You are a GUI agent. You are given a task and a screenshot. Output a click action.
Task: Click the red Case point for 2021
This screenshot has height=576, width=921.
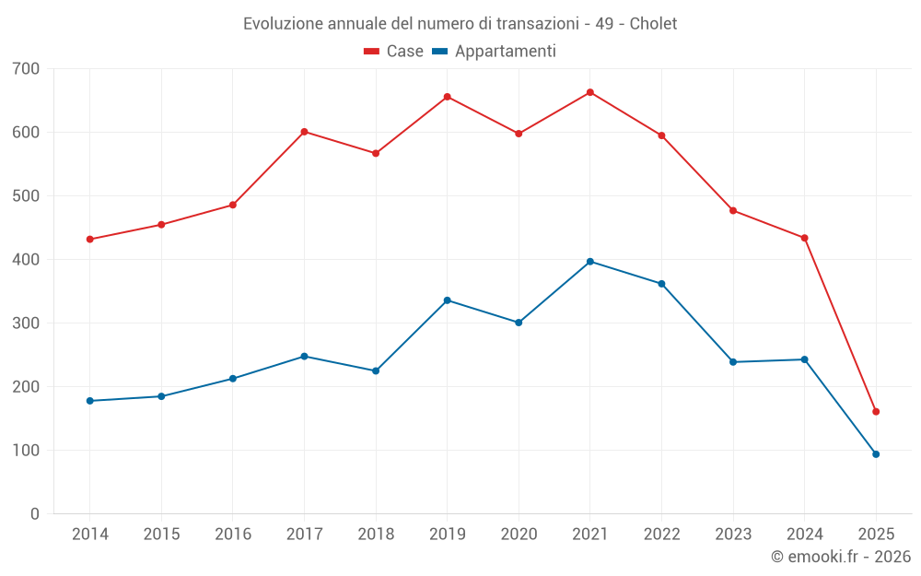(590, 92)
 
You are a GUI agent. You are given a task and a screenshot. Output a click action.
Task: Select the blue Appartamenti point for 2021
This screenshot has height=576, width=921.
(590, 262)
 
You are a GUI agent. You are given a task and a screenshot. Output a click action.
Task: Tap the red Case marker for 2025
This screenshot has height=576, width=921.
(876, 412)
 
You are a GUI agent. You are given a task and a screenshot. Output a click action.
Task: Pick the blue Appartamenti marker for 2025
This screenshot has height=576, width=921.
(876, 454)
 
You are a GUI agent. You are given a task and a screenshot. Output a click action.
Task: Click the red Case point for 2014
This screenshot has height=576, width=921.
(90, 240)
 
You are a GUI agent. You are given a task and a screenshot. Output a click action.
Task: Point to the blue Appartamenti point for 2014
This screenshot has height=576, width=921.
(90, 401)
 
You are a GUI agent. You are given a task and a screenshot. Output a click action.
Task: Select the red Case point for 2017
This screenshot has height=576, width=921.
(304, 132)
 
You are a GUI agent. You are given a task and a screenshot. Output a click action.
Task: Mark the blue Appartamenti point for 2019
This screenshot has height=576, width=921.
(448, 300)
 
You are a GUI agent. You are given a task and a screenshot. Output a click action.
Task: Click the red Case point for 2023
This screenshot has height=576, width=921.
(733, 211)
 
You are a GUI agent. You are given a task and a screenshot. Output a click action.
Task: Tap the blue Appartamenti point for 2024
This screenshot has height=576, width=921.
(805, 359)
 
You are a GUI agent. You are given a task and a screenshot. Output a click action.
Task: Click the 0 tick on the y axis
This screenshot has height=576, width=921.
(35, 514)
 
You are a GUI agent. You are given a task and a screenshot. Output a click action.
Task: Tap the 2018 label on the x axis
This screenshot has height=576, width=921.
(376, 535)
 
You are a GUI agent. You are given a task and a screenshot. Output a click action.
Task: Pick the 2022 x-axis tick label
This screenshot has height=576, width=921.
(661, 535)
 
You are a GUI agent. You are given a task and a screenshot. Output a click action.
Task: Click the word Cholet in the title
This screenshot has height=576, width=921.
(653, 24)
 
